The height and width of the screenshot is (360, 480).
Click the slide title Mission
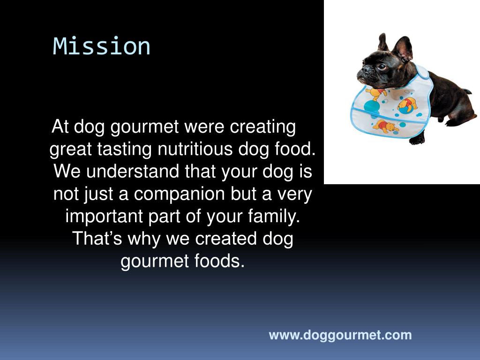102,46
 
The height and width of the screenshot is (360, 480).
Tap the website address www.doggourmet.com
340,335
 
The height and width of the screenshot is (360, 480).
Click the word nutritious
195,149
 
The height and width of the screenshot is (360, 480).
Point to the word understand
132,171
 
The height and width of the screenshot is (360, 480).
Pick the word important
104,217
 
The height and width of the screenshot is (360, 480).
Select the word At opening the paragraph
60,126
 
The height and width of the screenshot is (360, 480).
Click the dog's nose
360,75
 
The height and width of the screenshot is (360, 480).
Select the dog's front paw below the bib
417,140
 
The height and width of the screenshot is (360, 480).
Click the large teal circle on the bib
372,107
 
